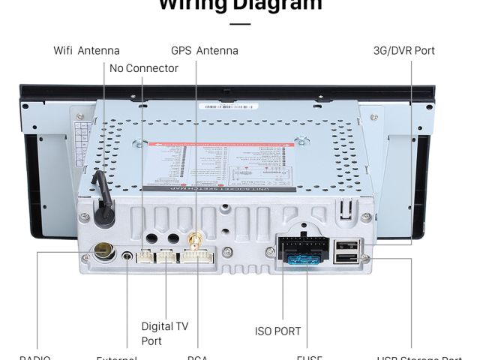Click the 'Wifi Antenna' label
(86, 51)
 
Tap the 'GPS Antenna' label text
(204, 51)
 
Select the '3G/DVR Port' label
(403, 51)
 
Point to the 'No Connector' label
(143, 68)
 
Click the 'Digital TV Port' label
(164, 333)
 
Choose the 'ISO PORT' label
(277, 331)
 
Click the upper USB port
(346, 244)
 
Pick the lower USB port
(346, 259)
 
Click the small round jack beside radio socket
(127, 256)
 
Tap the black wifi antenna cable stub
(101, 196)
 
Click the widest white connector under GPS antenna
(196, 257)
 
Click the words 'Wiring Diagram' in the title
(240, 6)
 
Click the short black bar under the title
(240, 24)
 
